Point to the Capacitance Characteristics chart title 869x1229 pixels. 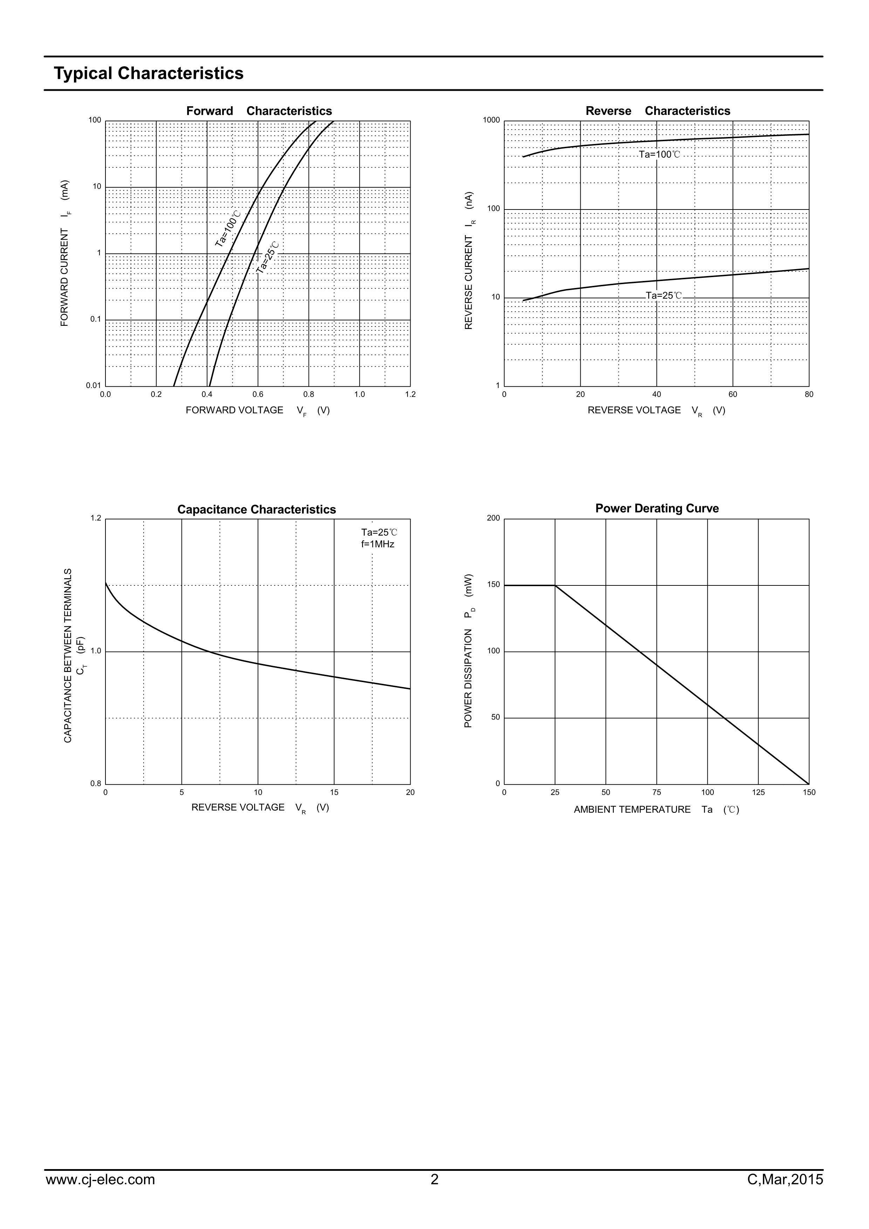[256, 510]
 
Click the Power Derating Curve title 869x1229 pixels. [657, 508]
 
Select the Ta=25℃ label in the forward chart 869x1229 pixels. [268, 258]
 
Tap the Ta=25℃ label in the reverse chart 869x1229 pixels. [664, 295]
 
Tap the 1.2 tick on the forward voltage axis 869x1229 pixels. [410, 394]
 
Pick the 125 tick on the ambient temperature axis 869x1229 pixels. [758, 792]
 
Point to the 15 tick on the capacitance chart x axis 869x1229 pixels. [334, 792]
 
